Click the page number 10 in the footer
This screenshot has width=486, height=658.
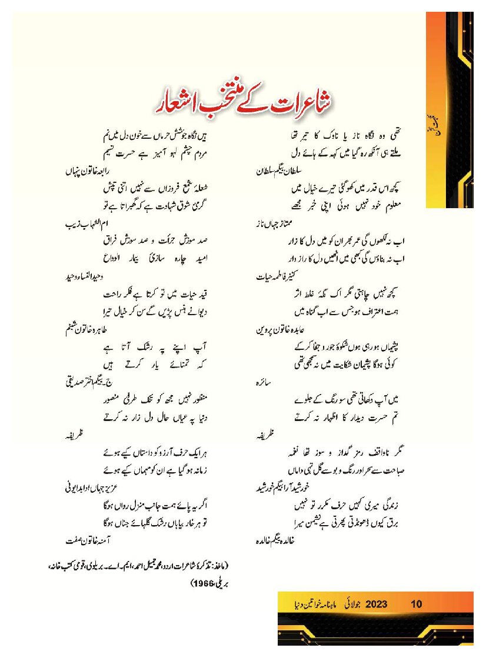[x=417, y=604]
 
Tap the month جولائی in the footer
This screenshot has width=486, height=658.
[x=349, y=604]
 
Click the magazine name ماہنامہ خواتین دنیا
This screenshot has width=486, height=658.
[x=307, y=604]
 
